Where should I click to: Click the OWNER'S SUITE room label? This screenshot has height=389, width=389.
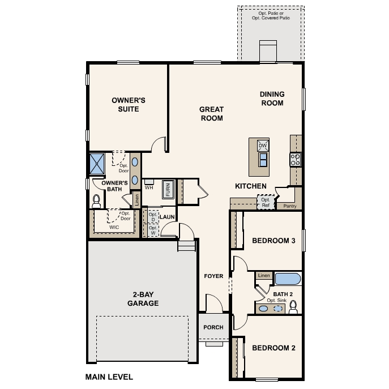(129, 105)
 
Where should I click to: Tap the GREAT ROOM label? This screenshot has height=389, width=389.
(211, 114)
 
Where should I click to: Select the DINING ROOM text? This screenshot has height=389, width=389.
(272, 99)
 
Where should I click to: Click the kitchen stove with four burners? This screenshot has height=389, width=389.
(295, 159)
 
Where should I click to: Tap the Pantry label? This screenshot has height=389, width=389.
(290, 206)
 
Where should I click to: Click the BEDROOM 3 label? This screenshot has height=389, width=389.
(273, 241)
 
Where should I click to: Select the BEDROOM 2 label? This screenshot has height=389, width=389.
(273, 348)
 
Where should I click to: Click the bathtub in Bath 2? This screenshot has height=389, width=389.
(288, 279)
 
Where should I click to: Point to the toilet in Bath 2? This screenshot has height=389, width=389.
(293, 307)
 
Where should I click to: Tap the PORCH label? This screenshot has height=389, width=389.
(213, 327)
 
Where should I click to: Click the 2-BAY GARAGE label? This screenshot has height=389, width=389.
(138, 299)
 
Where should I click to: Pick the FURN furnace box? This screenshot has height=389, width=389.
(168, 189)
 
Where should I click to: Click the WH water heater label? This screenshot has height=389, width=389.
(149, 187)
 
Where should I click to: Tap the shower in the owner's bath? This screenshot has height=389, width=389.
(98, 164)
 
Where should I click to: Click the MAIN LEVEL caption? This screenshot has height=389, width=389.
(109, 376)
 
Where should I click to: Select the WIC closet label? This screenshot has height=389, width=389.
(114, 227)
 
